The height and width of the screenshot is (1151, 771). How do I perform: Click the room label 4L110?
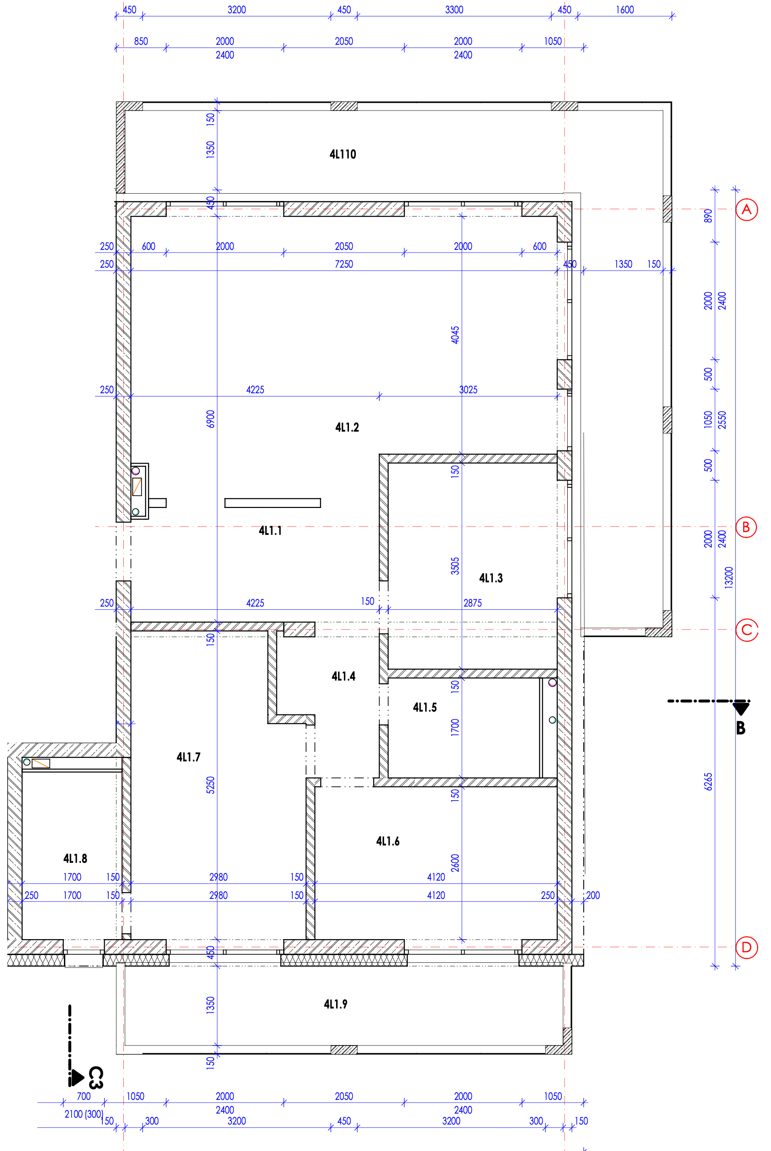click(x=343, y=154)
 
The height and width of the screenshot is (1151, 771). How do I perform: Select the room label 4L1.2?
click(x=347, y=427)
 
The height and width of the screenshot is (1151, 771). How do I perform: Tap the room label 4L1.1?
click(x=270, y=531)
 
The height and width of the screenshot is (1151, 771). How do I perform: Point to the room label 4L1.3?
click(x=491, y=578)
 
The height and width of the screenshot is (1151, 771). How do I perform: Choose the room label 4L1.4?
click(x=343, y=676)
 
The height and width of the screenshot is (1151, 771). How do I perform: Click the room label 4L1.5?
click(x=425, y=707)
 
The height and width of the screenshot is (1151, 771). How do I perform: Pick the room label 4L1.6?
click(x=388, y=841)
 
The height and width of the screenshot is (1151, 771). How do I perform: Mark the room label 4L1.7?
click(x=188, y=757)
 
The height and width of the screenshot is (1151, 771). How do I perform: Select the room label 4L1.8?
click(x=75, y=859)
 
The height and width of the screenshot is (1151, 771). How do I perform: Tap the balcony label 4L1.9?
click(x=335, y=1004)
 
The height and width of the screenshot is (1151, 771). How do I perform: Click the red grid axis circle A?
click(x=746, y=210)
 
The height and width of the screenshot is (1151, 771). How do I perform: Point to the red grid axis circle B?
click(x=746, y=527)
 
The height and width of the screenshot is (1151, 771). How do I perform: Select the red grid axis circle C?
click(x=746, y=630)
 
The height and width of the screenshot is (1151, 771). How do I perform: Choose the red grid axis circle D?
click(x=746, y=947)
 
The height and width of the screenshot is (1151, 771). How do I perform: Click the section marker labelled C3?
click(x=95, y=1078)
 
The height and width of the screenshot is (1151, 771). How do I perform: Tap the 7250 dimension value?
click(x=343, y=264)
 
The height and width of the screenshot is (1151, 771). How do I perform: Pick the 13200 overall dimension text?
click(x=729, y=577)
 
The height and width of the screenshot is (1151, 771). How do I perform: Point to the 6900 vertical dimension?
click(x=211, y=419)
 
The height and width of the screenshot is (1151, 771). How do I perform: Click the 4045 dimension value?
click(x=455, y=335)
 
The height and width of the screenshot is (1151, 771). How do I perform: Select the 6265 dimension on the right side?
click(x=708, y=782)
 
